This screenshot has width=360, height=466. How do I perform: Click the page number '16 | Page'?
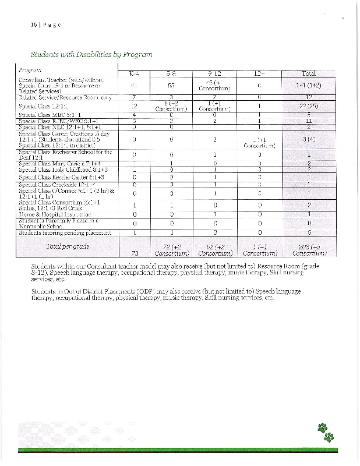pos(45,25)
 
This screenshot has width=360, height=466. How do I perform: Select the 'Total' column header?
pos(308,73)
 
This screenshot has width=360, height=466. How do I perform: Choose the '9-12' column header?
pos(214,73)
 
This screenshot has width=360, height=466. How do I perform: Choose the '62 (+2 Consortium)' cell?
pos(214,250)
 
